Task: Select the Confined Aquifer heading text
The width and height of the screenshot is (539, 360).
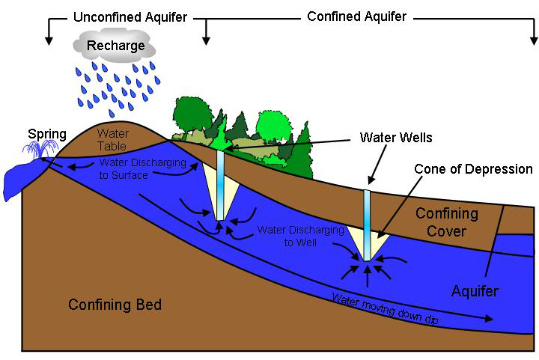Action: pos(356,16)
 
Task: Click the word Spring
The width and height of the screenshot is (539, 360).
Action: pos(47,135)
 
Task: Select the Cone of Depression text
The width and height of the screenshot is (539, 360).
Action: pos(474,169)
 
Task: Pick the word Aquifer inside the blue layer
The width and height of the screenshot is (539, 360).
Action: pos(475,290)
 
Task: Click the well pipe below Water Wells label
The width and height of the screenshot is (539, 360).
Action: pos(368,225)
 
